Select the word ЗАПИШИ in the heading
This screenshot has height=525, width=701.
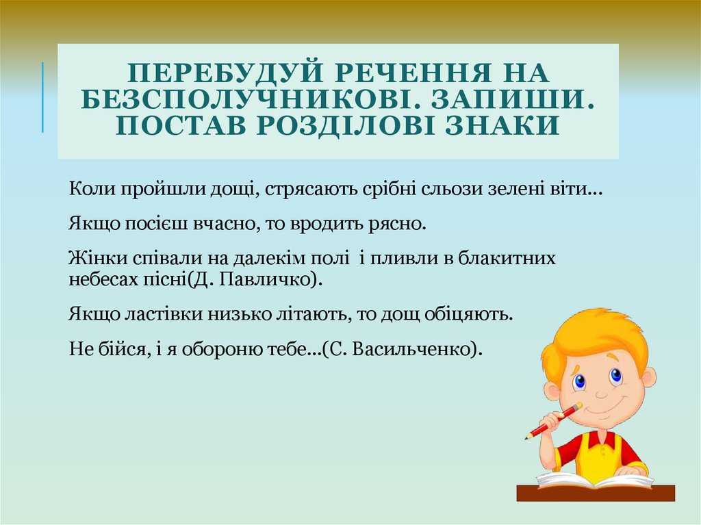512,99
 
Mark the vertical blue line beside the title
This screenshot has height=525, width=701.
42,97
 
